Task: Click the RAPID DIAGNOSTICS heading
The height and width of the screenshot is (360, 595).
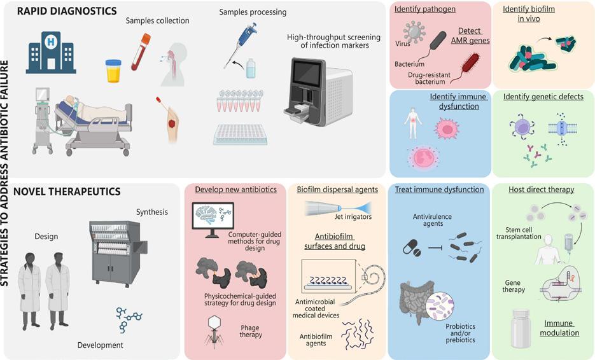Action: pyautogui.click(x=67, y=11)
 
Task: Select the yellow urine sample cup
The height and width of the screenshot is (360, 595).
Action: pyautogui.click(x=113, y=71)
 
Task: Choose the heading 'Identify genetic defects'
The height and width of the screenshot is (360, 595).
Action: pyautogui.click(x=543, y=97)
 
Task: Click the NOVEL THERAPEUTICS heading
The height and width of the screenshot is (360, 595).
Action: pyautogui.click(x=67, y=191)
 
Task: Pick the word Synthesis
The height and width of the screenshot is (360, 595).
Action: pyautogui.click(x=151, y=212)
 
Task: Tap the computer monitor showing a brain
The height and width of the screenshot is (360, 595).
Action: pyautogui.click(x=212, y=219)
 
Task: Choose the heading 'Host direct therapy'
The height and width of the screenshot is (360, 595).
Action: pyautogui.click(x=541, y=190)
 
